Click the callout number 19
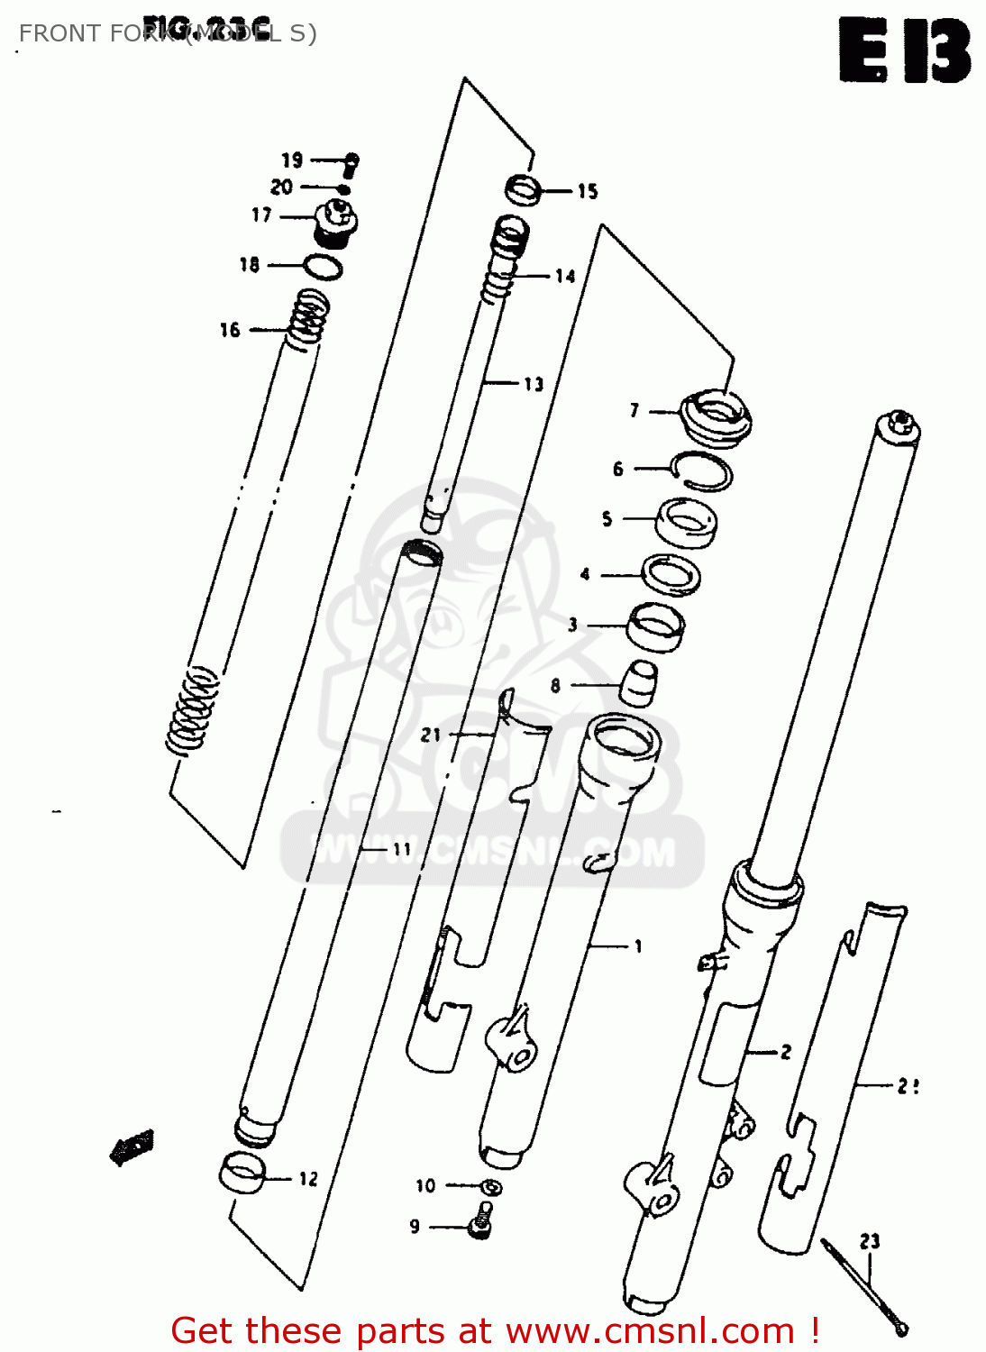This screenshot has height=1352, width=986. [292, 160]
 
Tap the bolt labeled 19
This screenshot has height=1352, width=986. [351, 164]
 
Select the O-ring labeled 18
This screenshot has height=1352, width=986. [323, 268]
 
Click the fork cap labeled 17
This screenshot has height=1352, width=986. [336, 223]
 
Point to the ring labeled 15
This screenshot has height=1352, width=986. [523, 190]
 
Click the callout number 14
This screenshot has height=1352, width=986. [565, 277]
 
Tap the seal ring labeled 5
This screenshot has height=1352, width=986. [685, 523]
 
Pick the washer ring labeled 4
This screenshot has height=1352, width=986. [671, 574]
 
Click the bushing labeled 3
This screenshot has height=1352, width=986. [655, 626]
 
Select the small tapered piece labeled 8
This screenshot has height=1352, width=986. [638, 684]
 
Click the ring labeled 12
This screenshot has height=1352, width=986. [243, 1172]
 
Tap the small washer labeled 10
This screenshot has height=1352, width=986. [491, 1186]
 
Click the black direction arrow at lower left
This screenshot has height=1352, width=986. [132, 1147]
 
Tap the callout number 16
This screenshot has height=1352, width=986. [230, 330]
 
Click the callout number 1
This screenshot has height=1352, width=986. [638, 946]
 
